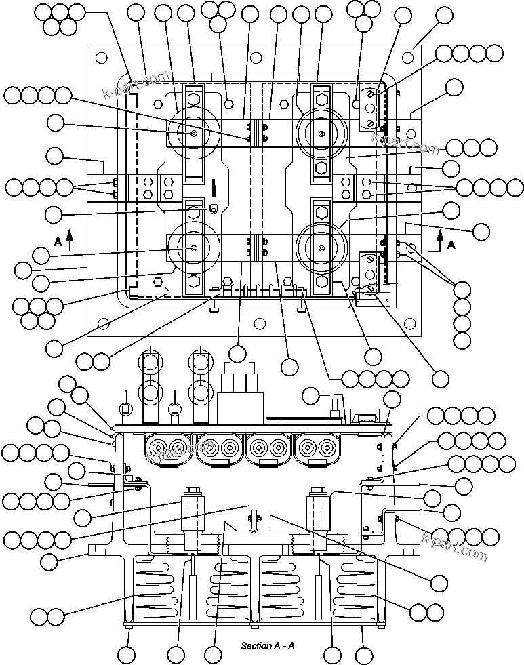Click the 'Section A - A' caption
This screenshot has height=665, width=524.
267,645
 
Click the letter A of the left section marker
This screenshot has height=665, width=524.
58,241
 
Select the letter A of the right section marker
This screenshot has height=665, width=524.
451,245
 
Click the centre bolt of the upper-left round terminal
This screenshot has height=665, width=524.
195,134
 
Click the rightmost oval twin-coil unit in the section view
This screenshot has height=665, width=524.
317,447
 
